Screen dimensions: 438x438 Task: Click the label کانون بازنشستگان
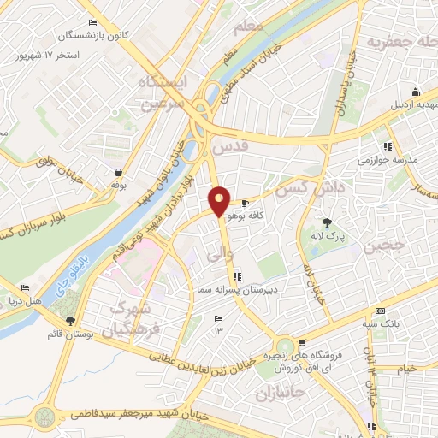pos(94,36)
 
